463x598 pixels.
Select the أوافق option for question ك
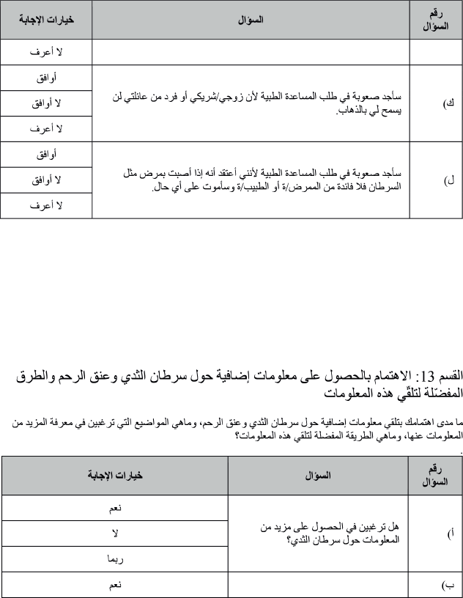tap(47, 78)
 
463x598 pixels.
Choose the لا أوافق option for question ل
tap(47, 180)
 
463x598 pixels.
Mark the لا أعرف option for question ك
tap(47, 128)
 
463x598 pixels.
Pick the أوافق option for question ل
tap(47, 154)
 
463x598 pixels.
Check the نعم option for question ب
tap(115, 586)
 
